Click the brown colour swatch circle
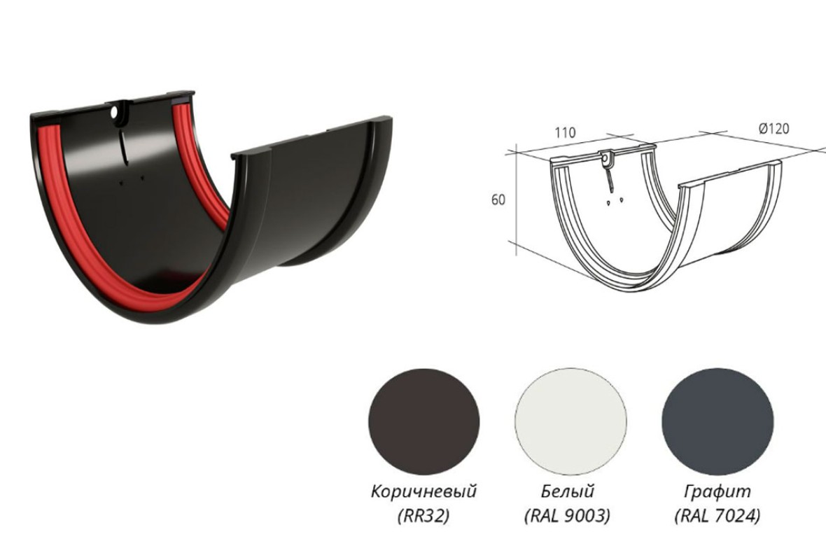[424, 422]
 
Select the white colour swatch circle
[571, 422]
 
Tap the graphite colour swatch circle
[717, 422]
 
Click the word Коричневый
[424, 491]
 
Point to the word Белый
[568, 491]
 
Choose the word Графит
[717, 492]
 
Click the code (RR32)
[424, 516]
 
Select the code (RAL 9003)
[568, 516]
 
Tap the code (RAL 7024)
[717, 516]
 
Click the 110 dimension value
[565, 132]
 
